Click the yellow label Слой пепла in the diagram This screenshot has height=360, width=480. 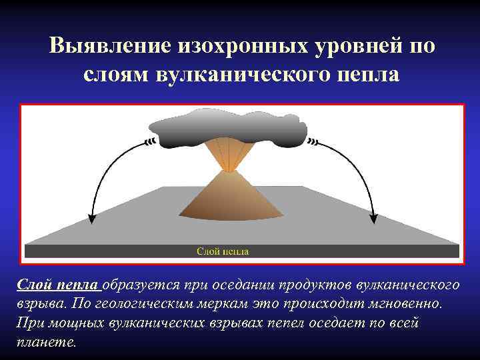pyautogui.click(x=223, y=251)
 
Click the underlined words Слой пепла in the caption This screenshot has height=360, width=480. pyautogui.click(x=59, y=285)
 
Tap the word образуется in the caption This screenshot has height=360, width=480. pyautogui.click(x=139, y=285)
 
